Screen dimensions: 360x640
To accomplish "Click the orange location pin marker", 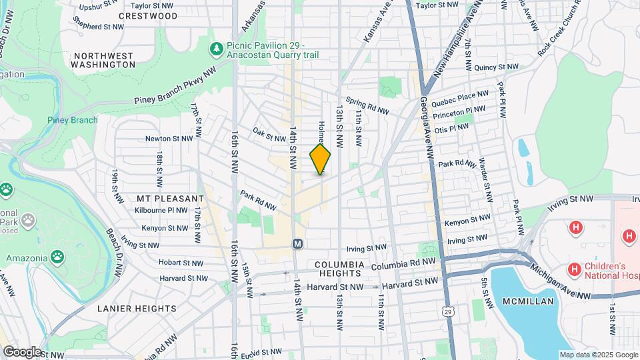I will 320,159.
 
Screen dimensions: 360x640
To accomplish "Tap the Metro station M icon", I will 297,244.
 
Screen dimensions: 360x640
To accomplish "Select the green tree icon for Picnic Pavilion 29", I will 216,49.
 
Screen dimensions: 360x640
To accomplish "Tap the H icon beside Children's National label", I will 574,269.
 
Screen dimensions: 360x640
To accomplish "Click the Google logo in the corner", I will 22,351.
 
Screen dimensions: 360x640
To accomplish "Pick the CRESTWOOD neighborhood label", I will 148,15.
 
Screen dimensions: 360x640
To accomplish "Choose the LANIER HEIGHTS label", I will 137,309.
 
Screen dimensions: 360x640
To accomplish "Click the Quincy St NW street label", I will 496,67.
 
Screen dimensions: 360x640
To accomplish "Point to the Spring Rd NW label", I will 367,107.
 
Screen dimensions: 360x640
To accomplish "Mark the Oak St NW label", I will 269,134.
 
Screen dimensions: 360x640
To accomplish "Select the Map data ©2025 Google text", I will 597,355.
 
